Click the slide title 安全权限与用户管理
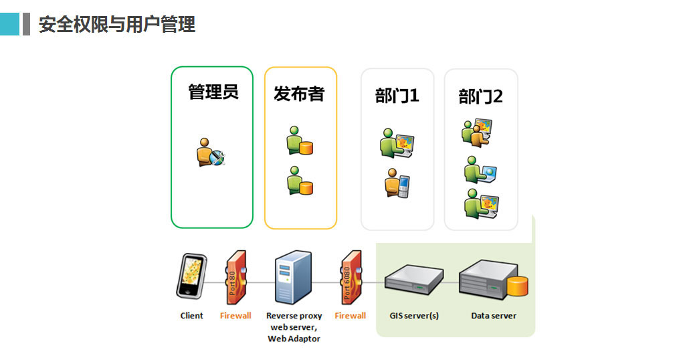pos(117,25)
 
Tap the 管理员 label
pos(213,92)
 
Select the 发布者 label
pos(298,94)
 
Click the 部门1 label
pos(397,96)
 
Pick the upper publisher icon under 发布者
pos(299,141)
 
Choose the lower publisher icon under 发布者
pos(299,181)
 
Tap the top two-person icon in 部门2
pos(477,132)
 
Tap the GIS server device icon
pos(415,278)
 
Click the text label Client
pos(192,316)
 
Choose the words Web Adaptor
pos(294,339)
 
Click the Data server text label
pos(494,316)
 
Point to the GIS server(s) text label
pos(414,316)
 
